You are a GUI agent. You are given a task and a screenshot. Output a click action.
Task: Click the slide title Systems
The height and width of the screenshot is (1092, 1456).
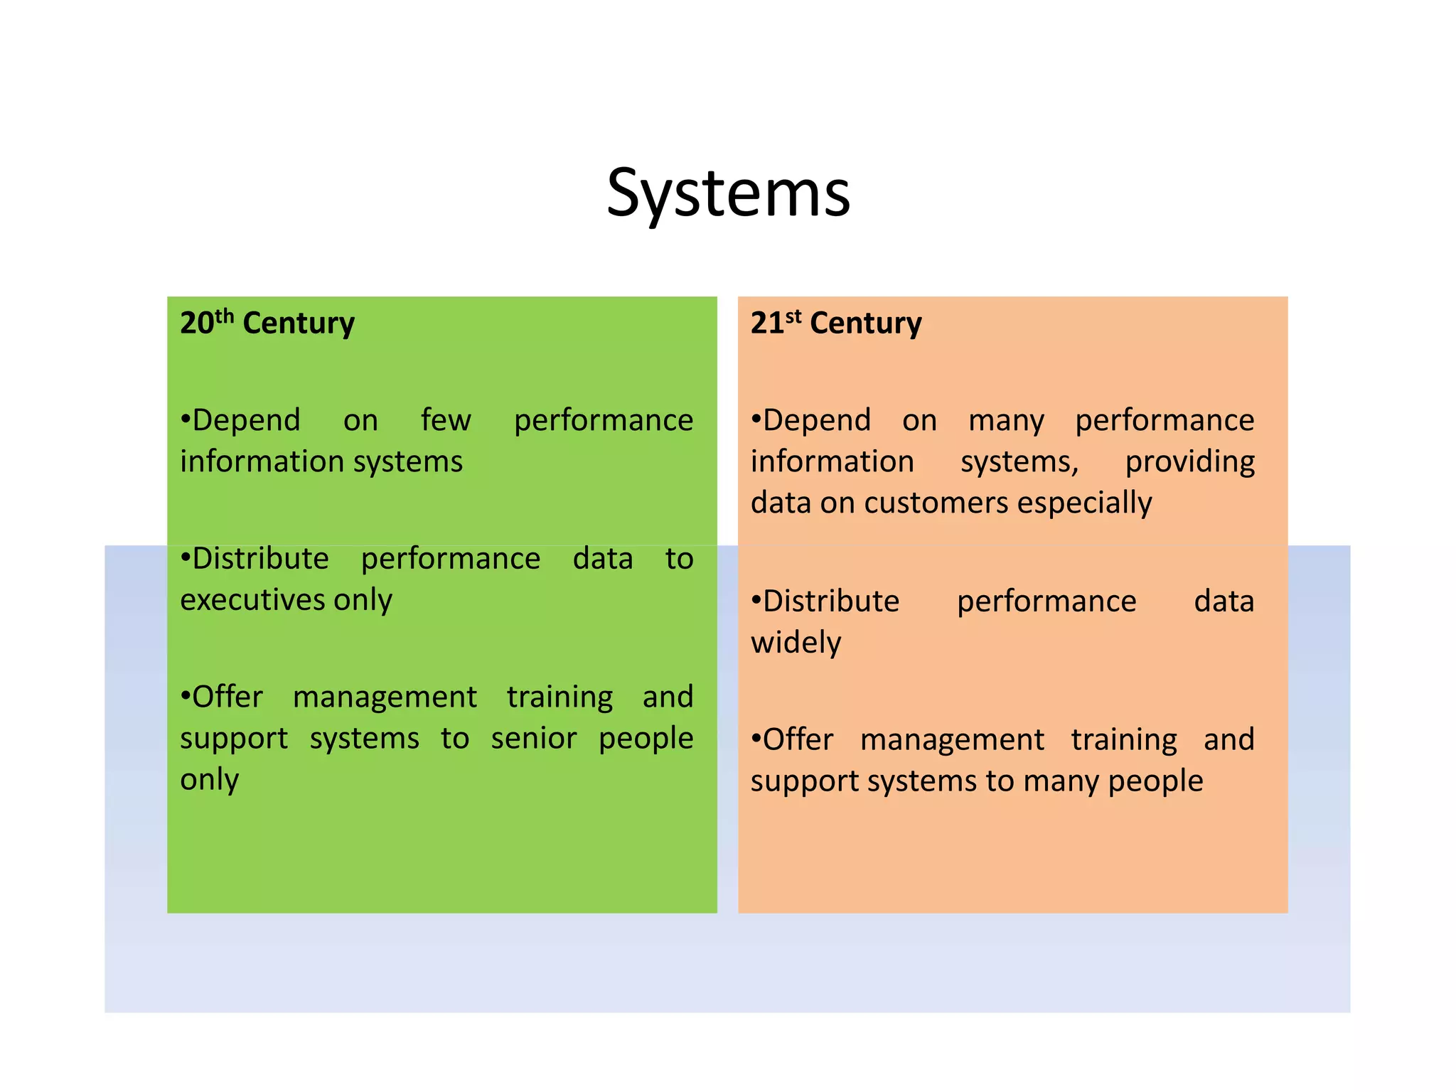pos(728,193)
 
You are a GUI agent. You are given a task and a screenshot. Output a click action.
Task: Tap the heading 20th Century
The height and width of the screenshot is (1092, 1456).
pos(267,323)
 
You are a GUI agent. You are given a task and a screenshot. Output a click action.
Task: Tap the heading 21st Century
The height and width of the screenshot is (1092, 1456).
pos(836,323)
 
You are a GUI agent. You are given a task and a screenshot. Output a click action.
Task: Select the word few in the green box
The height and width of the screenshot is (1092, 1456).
pos(446,420)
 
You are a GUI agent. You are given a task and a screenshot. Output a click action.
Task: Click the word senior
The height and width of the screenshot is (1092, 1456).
pos(533,739)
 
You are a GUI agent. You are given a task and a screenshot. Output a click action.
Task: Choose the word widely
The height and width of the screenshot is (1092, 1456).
pos(796,643)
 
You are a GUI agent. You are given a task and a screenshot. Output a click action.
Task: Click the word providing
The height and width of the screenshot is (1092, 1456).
pos(1189,462)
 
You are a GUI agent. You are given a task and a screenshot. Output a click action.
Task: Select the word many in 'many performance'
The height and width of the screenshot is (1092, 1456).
pos(1006,420)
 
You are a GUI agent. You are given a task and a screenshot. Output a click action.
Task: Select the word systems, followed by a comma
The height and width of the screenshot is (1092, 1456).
pos(1019,462)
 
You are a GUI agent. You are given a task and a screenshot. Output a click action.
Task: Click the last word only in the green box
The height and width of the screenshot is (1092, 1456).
pos(210,780)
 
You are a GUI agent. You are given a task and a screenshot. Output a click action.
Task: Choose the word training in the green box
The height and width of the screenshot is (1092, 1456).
pos(560,697)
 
